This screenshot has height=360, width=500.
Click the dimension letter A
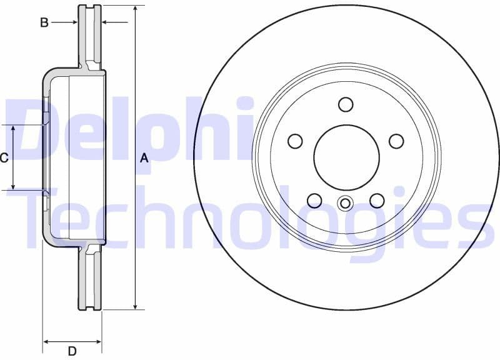click(x=144, y=158)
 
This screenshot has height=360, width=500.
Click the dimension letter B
click(x=44, y=22)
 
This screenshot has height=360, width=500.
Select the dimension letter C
click(x=4, y=158)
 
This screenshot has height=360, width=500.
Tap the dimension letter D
click(x=72, y=351)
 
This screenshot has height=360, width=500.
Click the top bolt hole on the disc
click(x=346, y=104)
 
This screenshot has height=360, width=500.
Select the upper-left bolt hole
click(x=295, y=141)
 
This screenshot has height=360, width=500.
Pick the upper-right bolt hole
click(x=396, y=141)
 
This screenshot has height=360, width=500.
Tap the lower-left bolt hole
click(x=314, y=200)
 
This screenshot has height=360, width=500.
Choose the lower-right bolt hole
click(x=376, y=200)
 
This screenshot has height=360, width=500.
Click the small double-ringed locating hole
click(x=345, y=203)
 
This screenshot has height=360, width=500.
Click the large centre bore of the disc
click(x=346, y=157)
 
